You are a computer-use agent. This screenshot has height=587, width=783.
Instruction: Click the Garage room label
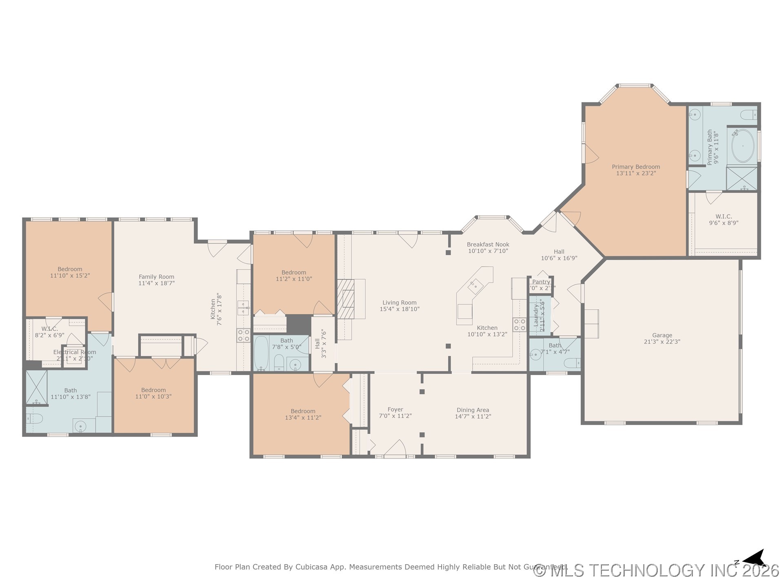[x=662, y=335]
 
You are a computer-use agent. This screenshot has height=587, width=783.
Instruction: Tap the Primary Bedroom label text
[x=636, y=167]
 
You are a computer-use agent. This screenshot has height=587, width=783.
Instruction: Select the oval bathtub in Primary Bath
[x=743, y=146]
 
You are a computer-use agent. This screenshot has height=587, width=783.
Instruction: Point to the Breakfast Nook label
[x=488, y=245]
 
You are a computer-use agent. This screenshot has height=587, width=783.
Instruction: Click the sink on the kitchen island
[x=476, y=286]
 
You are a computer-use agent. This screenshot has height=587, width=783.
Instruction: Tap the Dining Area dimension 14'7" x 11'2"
[x=473, y=417]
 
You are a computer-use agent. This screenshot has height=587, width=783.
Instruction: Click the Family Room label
[x=156, y=277]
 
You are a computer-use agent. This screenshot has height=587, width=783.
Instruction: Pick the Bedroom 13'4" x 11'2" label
[x=303, y=411]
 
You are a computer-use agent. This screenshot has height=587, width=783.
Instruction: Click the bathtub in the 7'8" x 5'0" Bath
[x=261, y=353]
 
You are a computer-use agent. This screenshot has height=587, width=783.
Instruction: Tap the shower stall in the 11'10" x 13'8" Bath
[x=36, y=387]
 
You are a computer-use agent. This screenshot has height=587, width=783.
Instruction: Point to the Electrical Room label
[x=75, y=352]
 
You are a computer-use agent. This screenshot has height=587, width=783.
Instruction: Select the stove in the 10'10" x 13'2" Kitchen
[x=519, y=325]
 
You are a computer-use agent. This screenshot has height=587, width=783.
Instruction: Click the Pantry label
[x=541, y=282]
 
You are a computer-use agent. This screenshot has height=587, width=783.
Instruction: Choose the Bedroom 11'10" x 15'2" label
[x=70, y=269]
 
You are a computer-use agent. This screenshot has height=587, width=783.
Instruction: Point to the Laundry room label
[x=536, y=315]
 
